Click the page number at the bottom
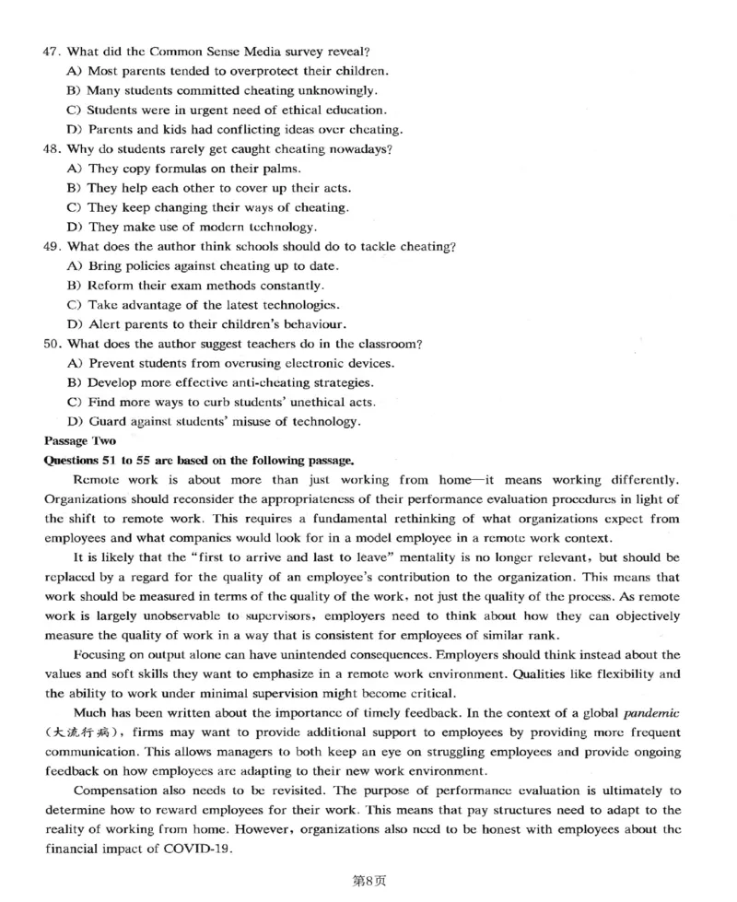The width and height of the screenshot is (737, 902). [x=368, y=880]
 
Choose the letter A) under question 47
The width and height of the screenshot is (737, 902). [x=76, y=70]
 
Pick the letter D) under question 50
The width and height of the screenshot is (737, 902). [x=76, y=422]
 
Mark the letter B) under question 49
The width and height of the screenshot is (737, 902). [x=76, y=286]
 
